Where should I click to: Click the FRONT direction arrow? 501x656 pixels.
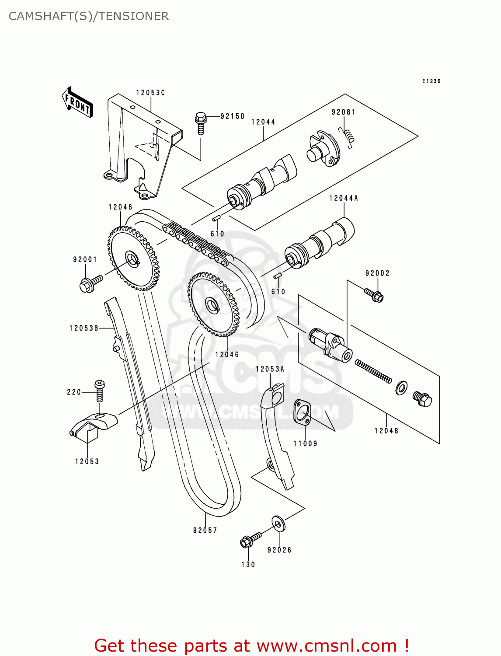(77, 102)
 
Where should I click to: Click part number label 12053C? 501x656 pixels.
(150, 93)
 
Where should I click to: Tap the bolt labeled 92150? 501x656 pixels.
(201, 123)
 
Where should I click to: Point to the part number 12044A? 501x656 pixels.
(344, 199)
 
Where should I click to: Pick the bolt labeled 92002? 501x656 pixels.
(374, 294)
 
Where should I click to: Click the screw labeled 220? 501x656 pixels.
(100, 391)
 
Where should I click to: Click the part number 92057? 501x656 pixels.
(205, 530)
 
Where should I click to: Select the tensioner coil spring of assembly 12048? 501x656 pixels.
(373, 371)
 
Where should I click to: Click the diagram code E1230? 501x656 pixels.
(431, 81)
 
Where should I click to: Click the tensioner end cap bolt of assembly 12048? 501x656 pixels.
(422, 399)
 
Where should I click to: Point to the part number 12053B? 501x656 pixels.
(84, 328)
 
